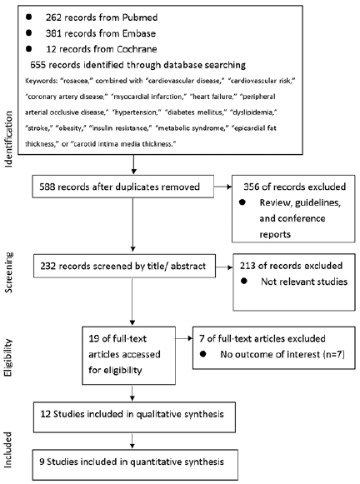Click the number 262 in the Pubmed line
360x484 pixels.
point(52,17)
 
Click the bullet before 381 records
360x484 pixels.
point(28,32)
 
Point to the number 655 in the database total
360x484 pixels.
point(38,65)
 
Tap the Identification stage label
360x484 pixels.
point(8,139)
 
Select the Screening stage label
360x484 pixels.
point(8,272)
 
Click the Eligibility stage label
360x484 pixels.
point(8,357)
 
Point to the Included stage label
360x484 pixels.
point(8,450)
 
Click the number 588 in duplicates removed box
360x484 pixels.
point(47,187)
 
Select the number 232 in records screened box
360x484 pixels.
point(47,266)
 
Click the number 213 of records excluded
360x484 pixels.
point(247,266)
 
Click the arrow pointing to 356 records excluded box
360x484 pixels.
point(222,187)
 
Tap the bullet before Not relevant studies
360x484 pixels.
point(244,282)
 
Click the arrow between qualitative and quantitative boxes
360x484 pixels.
point(132,441)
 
